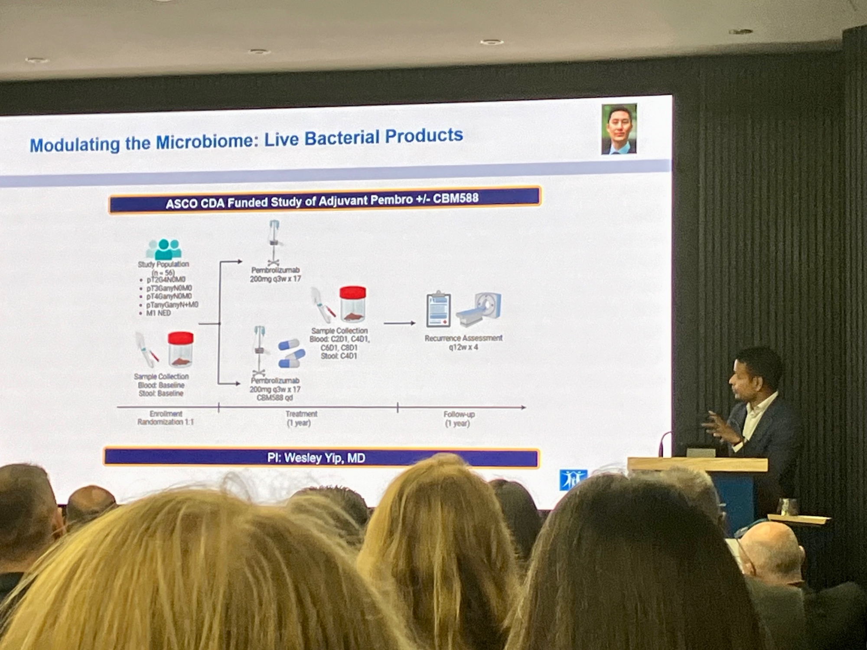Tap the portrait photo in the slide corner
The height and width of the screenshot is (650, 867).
(619, 129)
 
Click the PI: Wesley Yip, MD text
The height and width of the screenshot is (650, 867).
(316, 458)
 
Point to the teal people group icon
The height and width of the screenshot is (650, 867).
(164, 249)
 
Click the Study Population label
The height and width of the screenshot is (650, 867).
(163, 264)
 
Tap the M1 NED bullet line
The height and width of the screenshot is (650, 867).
(158, 313)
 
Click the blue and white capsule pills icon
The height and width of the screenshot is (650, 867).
(290, 353)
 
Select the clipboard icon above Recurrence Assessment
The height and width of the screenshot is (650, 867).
(439, 309)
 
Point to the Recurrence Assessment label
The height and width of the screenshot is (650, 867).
(463, 338)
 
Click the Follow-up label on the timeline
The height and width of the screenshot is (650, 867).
(459, 415)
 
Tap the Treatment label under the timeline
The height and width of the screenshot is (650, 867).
(301, 414)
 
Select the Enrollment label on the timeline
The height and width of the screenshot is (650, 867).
(166, 414)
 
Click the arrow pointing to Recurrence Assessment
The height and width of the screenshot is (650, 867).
(399, 323)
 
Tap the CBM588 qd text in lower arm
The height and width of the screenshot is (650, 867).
(275, 398)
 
